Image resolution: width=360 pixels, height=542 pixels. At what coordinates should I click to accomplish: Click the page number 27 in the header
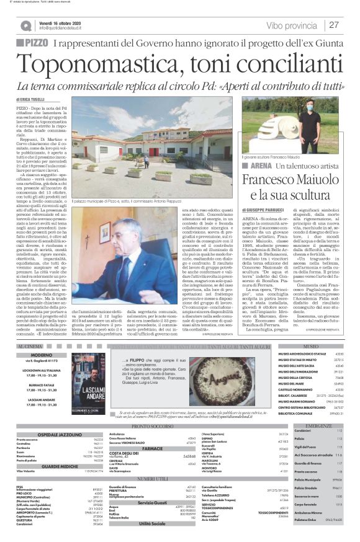pyautogui.click(x=333, y=25)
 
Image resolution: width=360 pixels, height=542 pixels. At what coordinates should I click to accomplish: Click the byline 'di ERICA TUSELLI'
pyautogui.click(x=31, y=99)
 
